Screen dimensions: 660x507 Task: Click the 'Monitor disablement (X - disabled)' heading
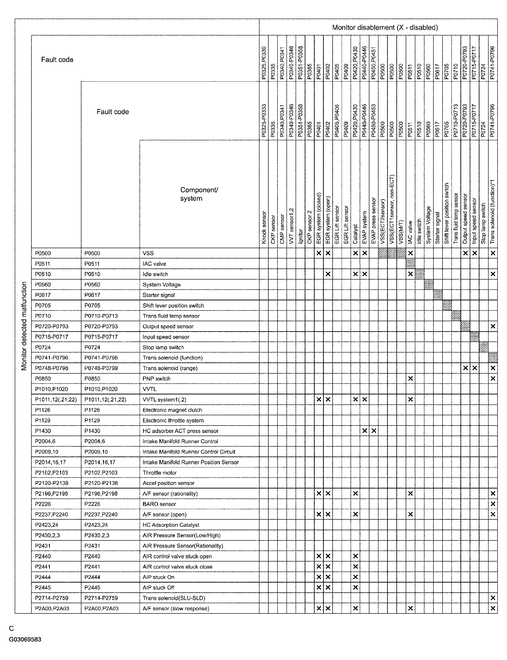385,27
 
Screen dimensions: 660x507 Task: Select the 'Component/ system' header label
199,194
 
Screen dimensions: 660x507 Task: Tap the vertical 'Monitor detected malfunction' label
24,326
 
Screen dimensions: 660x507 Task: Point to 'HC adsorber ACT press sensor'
180,431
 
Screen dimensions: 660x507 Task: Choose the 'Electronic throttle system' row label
173,420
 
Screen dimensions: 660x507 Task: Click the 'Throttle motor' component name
159,473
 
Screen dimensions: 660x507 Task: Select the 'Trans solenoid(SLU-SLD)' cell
174,598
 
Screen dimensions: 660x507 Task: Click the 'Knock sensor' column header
264,228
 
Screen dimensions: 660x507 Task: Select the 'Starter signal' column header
438,228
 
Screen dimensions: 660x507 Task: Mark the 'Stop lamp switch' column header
483,224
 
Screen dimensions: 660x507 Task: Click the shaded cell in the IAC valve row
410,264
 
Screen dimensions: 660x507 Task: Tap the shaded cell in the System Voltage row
429,284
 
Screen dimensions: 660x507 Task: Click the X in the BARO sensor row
493,504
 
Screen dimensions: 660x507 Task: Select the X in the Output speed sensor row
493,326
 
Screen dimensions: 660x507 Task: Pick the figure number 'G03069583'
25,639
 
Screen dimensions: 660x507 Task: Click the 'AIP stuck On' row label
158,577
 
